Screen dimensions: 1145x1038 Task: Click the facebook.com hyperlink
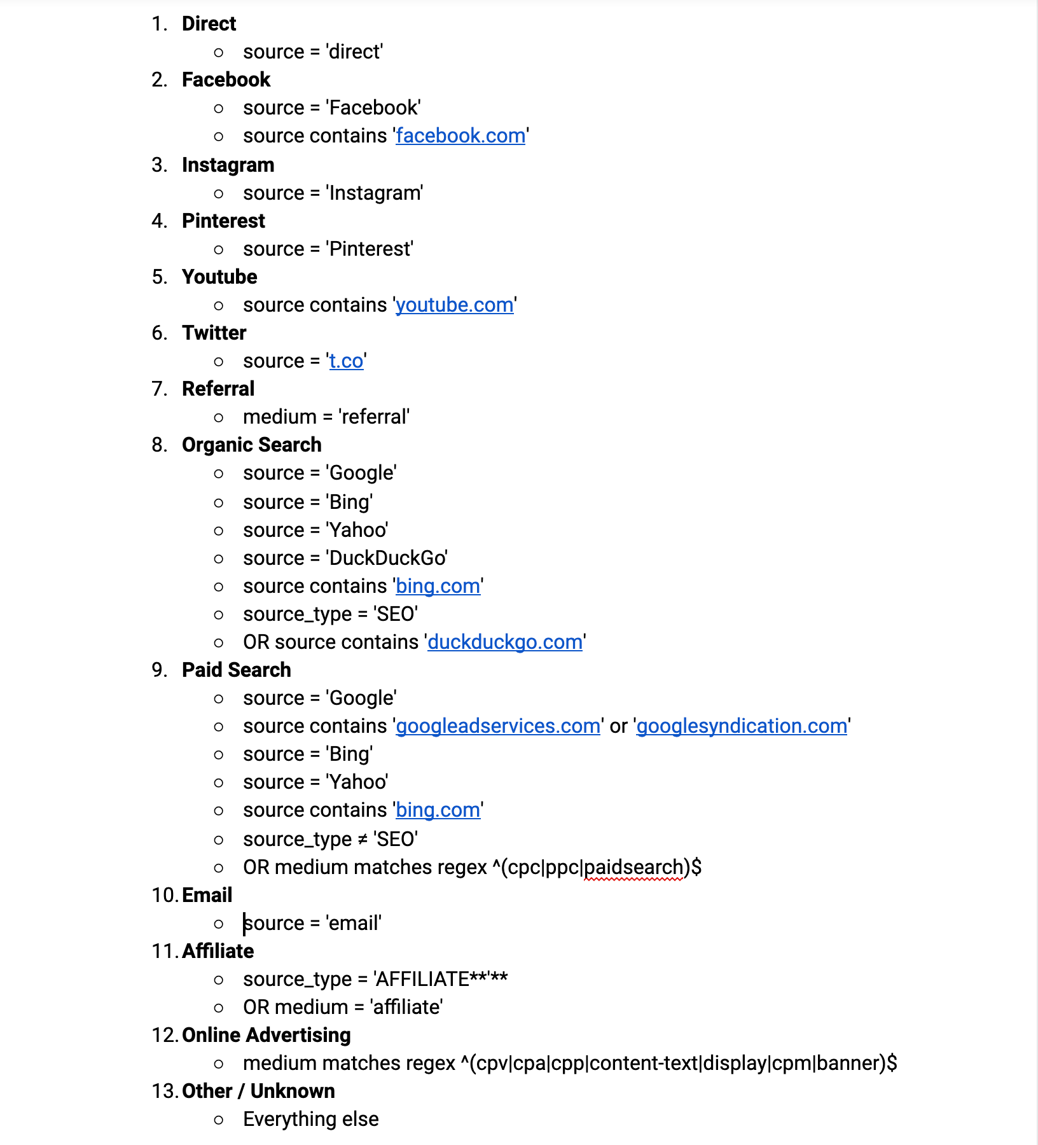pyautogui.click(x=460, y=136)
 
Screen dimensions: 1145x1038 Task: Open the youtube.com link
pyautogui.click(x=454, y=305)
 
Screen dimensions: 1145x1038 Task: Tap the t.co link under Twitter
pyautogui.click(x=346, y=361)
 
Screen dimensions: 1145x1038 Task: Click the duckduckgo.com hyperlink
pyautogui.click(x=505, y=642)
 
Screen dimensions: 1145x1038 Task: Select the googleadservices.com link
pyautogui.click(x=498, y=726)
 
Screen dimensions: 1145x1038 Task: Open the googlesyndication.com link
pyautogui.click(x=742, y=726)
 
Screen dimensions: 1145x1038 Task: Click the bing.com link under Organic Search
pyautogui.click(x=438, y=586)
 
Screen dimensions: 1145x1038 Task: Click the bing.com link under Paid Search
pyautogui.click(x=438, y=810)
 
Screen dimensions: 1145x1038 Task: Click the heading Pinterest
pyautogui.click(x=223, y=221)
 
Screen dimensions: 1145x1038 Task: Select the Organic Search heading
pyautogui.click(x=251, y=445)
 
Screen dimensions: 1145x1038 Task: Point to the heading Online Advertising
pyautogui.click(x=266, y=1035)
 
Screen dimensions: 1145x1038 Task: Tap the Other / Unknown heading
pyautogui.click(x=258, y=1091)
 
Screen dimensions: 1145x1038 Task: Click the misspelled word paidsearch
pyautogui.click(x=633, y=868)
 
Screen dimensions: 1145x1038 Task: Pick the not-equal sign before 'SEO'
pyautogui.click(x=362, y=840)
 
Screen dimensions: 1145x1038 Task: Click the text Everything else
pyautogui.click(x=310, y=1119)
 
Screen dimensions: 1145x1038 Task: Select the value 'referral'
pyautogui.click(x=374, y=417)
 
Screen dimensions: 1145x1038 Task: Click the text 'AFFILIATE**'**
pyautogui.click(x=441, y=980)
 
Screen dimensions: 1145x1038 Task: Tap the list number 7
pyautogui.click(x=158, y=389)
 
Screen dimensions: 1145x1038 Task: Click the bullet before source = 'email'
pyautogui.click(x=219, y=924)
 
